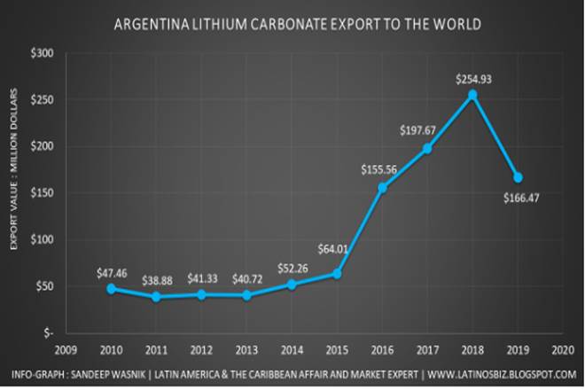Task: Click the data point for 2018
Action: point(472,95)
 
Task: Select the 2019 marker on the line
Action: point(518,177)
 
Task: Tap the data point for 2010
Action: point(111,288)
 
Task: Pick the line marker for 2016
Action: point(382,188)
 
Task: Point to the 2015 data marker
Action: point(337,274)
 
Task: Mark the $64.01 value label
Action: point(333,257)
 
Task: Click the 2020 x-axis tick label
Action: point(563,348)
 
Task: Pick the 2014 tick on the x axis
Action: point(292,348)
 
